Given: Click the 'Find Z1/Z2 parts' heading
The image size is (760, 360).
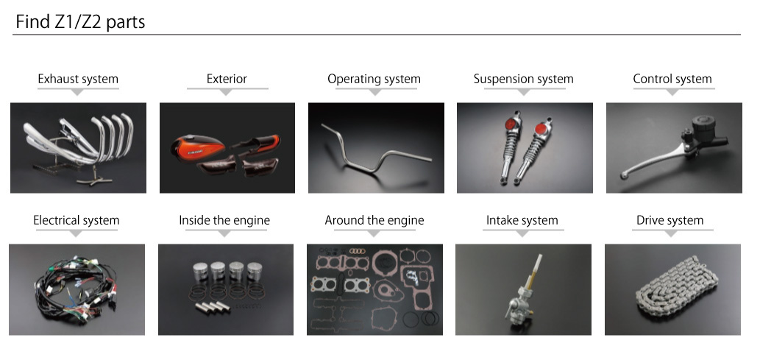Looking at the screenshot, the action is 80,22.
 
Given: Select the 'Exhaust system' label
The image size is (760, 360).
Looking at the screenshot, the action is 78,79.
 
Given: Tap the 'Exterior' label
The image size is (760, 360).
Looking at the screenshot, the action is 227,79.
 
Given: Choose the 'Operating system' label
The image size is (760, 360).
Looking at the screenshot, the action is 374,79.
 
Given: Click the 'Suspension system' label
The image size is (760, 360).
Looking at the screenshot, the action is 524,79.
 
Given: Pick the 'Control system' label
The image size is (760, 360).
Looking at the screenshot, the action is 672,79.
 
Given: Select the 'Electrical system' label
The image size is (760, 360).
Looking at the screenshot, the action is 76,220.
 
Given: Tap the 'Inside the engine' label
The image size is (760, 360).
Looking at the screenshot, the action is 224,220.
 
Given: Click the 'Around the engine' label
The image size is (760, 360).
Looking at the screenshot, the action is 374,220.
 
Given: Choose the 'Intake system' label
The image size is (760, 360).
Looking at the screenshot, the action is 522,220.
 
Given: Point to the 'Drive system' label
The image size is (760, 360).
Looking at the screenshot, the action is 670,220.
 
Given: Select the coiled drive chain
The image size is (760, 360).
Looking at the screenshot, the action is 677,288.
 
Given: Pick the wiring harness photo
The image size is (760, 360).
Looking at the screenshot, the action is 77,289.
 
